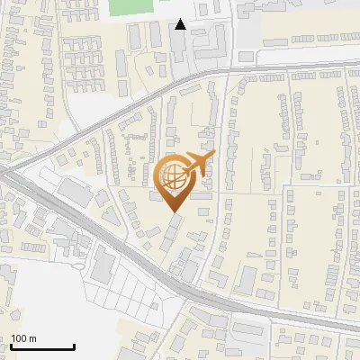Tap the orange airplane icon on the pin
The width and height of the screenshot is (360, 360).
[x=195, y=164]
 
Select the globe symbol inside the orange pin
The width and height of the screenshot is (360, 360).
[x=174, y=177]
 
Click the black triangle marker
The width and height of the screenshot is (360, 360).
[x=181, y=25]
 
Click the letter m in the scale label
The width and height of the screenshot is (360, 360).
[x=33, y=338]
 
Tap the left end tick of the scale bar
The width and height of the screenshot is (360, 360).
[x=11, y=346]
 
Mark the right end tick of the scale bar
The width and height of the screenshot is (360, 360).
[x=74, y=346]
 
